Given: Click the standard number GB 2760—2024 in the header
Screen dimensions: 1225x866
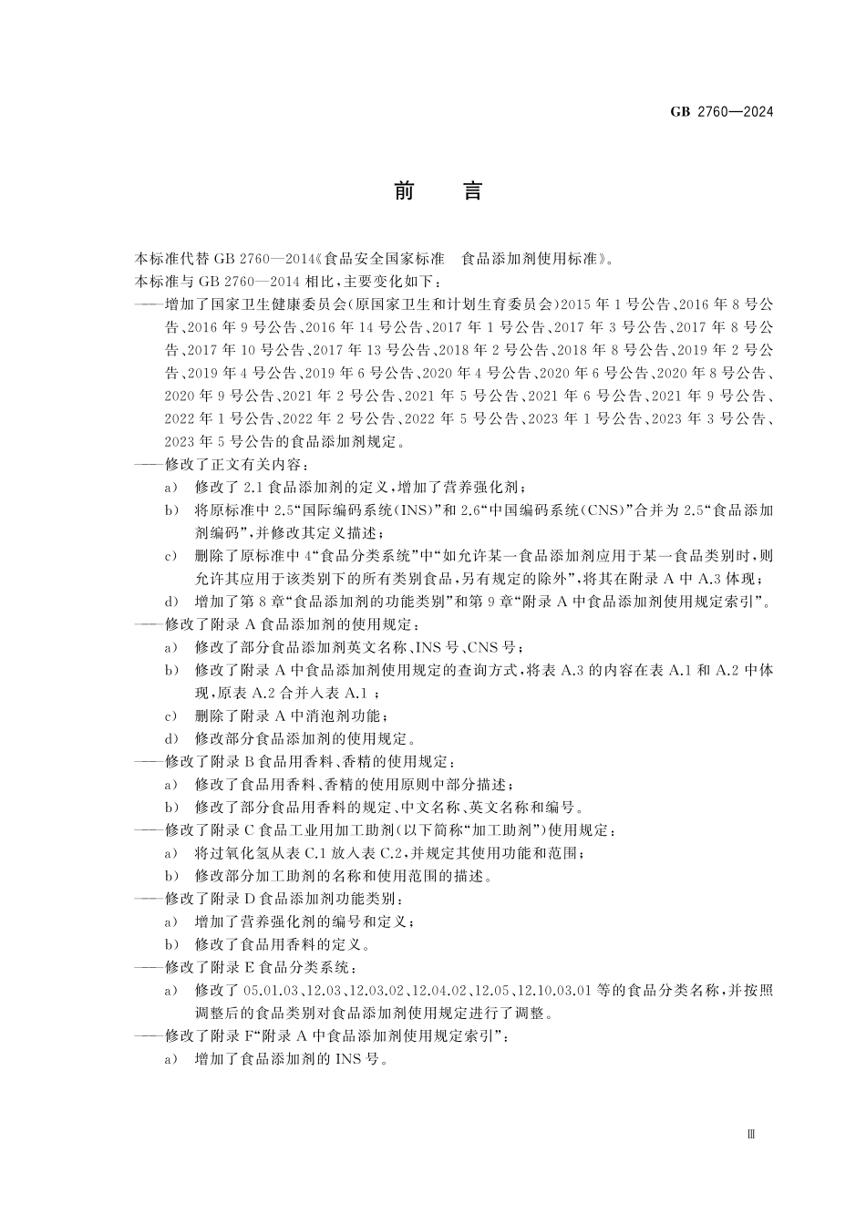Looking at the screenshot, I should pyautogui.click(x=721, y=112).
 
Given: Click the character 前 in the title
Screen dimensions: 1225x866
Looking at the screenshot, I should pyautogui.click(x=404, y=191).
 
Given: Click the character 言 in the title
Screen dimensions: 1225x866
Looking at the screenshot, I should pyautogui.click(x=471, y=191).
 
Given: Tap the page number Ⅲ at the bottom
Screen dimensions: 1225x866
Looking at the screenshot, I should pyautogui.click(x=751, y=1134).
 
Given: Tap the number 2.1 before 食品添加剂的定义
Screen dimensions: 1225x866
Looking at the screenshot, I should pyautogui.click(x=256, y=488).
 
